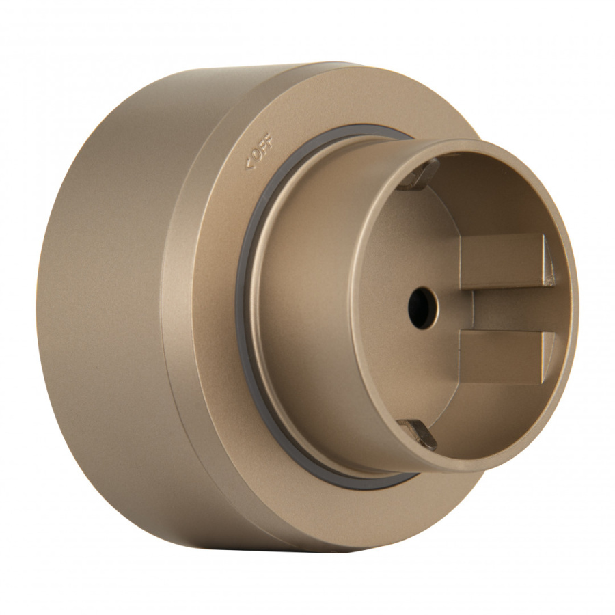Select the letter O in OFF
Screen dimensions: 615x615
[x=256, y=155]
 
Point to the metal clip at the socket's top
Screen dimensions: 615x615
[x=418, y=174]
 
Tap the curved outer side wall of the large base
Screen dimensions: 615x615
[x=102, y=307]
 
